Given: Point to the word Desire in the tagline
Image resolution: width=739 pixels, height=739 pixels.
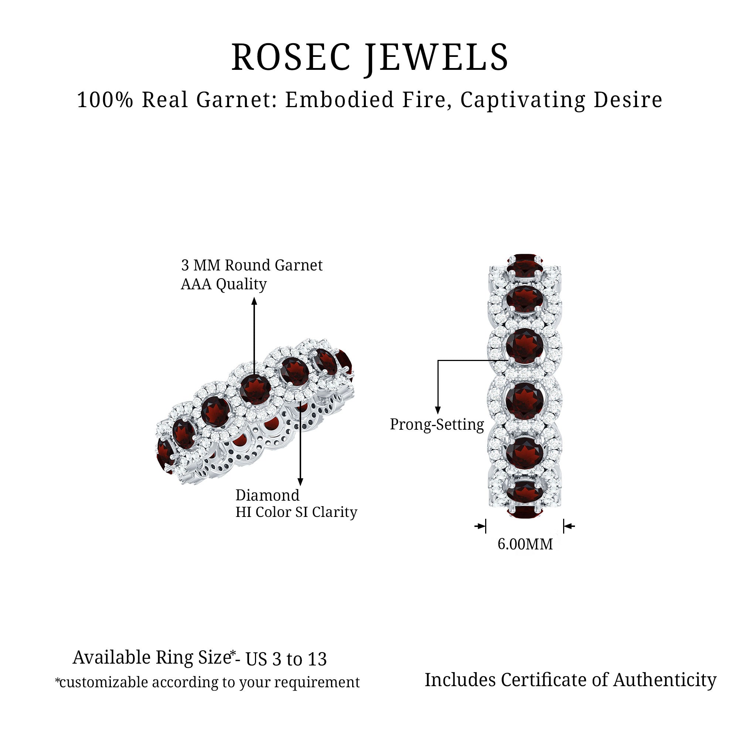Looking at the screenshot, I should (x=628, y=100).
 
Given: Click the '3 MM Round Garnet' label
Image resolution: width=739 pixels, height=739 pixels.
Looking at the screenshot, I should (x=252, y=265).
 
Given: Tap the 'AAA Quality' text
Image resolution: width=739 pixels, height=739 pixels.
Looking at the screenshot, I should (x=224, y=284).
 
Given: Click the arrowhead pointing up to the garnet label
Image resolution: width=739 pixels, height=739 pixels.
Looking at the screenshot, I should (x=254, y=302).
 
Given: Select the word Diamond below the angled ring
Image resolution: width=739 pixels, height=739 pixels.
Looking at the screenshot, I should (x=268, y=495).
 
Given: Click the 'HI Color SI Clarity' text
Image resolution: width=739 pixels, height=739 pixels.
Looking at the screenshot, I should (x=296, y=512).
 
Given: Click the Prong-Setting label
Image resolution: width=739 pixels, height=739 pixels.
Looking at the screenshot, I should (x=437, y=425).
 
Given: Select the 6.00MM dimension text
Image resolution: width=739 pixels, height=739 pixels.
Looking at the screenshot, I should (x=525, y=544).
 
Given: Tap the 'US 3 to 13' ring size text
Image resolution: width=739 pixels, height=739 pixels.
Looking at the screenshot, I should (x=286, y=659).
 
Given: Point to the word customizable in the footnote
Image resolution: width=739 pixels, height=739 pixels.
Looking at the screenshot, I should (x=103, y=682).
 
